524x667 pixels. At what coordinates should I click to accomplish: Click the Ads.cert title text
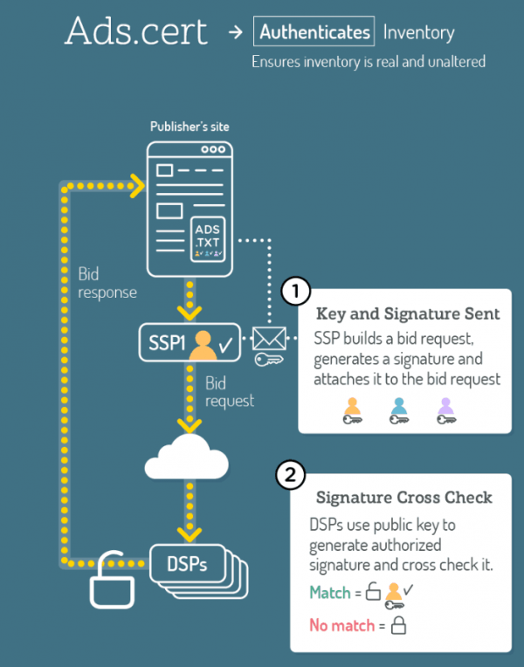click(x=136, y=31)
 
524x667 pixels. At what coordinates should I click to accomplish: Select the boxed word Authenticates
click(x=314, y=33)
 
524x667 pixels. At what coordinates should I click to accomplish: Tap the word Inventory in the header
click(x=419, y=33)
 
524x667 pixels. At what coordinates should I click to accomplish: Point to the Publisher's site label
click(x=190, y=127)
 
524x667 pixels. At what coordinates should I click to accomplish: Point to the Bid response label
click(x=107, y=283)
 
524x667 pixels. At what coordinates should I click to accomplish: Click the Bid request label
click(x=229, y=392)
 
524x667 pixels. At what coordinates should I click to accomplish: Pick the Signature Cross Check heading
click(x=403, y=498)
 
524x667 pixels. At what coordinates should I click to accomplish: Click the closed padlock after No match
click(x=398, y=625)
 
